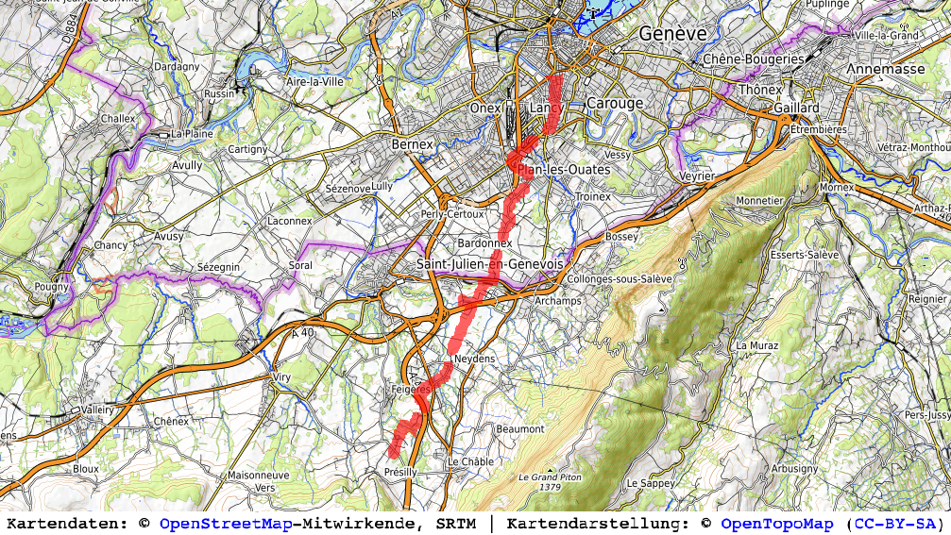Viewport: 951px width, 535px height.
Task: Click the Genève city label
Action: tap(672, 33)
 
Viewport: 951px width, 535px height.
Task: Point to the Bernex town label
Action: tap(412, 144)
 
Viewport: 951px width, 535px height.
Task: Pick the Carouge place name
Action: tap(614, 103)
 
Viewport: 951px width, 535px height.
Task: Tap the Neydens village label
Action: tap(474, 360)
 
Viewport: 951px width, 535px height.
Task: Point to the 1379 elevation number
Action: tap(548, 488)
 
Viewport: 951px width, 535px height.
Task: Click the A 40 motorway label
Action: tap(302, 332)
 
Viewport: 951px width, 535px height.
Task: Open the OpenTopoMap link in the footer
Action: tap(777, 524)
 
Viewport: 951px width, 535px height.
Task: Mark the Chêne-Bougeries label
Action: tap(754, 59)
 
